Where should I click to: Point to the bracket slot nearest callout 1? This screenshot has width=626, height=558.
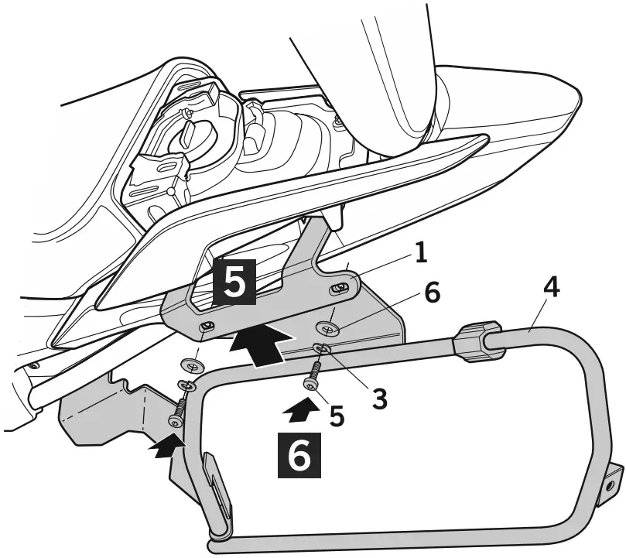coord(338,289)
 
